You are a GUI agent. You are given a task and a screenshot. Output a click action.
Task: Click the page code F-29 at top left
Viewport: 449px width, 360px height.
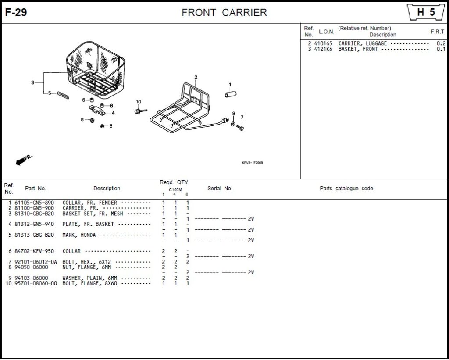pos(16,13)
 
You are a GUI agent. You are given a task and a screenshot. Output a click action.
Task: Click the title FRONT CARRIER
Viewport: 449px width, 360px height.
pos(224,13)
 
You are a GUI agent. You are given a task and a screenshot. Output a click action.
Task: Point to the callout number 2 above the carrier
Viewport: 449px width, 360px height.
pos(196,78)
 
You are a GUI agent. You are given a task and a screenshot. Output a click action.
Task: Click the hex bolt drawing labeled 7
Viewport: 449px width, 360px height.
pos(240,127)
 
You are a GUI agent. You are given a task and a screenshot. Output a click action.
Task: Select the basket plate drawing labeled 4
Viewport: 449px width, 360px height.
pos(98,110)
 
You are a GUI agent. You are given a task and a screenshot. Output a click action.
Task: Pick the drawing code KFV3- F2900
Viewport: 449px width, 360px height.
pos(252,163)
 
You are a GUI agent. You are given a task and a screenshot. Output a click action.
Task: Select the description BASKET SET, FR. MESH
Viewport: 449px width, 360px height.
pos(93,214)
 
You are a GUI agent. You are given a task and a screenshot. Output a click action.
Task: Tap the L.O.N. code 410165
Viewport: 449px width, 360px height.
pos(323,43)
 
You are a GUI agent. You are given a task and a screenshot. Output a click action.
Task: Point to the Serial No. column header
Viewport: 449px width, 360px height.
pos(220,189)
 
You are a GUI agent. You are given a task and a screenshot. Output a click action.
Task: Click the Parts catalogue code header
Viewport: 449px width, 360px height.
pos(346,189)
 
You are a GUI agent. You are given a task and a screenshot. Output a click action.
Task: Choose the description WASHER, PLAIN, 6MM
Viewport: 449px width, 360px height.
pos(90,278)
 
